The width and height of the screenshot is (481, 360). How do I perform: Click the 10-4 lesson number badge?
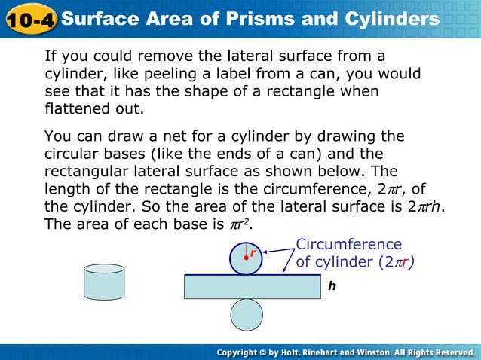tap(29, 18)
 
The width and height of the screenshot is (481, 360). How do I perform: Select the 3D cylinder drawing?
tap(104, 282)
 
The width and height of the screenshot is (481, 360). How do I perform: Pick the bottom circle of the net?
tap(247, 315)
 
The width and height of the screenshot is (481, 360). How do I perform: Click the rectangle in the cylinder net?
tap(252, 287)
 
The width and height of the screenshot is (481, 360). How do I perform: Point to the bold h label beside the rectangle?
tap(332, 286)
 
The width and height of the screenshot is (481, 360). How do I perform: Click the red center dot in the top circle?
tap(246, 259)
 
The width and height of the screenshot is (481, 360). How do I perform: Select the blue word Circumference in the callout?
tap(348, 244)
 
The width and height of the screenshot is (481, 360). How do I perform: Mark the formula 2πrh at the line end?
tap(424, 206)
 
